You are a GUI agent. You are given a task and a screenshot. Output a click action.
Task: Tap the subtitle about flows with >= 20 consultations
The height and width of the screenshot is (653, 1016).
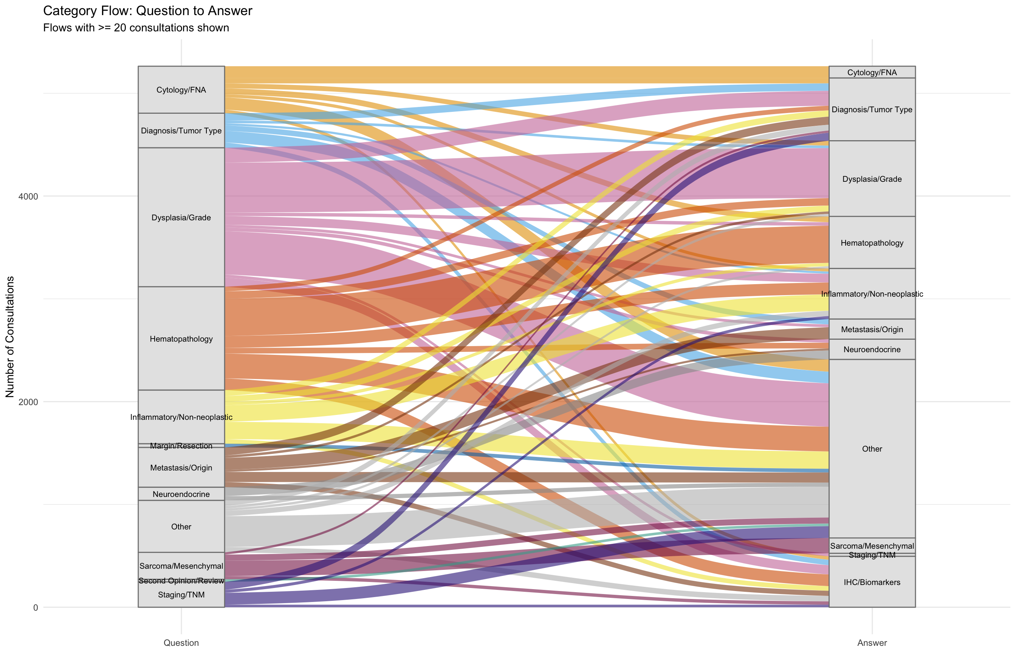[136, 28]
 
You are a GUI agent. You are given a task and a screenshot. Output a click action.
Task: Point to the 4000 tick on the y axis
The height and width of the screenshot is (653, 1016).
[28, 197]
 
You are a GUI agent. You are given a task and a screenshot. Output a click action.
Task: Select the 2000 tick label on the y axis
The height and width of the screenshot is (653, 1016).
[28, 402]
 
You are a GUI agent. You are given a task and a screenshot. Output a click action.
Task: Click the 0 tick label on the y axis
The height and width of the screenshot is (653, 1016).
[36, 608]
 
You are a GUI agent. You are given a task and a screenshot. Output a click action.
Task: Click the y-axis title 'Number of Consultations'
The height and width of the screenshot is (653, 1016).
[10, 337]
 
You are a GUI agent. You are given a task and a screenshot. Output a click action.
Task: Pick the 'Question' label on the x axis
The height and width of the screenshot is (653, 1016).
[181, 643]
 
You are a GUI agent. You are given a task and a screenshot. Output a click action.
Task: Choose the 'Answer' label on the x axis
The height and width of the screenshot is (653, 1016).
[872, 643]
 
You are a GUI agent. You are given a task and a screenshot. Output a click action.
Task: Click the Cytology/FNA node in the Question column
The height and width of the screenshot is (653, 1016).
[181, 90]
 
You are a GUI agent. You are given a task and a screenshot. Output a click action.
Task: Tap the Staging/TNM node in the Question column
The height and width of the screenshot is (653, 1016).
[181, 595]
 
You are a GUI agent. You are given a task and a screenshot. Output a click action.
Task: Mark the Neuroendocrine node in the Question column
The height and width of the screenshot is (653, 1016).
[181, 494]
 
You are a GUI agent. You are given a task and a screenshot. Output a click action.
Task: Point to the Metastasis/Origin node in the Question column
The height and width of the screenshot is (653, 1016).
[181, 467]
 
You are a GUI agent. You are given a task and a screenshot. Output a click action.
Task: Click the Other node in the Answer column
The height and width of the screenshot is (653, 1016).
[872, 449]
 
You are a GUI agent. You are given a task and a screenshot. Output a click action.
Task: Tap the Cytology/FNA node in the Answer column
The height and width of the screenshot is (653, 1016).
[872, 72]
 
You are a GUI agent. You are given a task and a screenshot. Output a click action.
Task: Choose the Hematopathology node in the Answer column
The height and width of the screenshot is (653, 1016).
[872, 243]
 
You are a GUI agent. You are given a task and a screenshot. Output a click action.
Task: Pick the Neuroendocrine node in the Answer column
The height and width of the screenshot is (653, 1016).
[872, 350]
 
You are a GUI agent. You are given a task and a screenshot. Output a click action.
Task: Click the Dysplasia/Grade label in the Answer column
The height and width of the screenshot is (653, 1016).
[872, 179]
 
